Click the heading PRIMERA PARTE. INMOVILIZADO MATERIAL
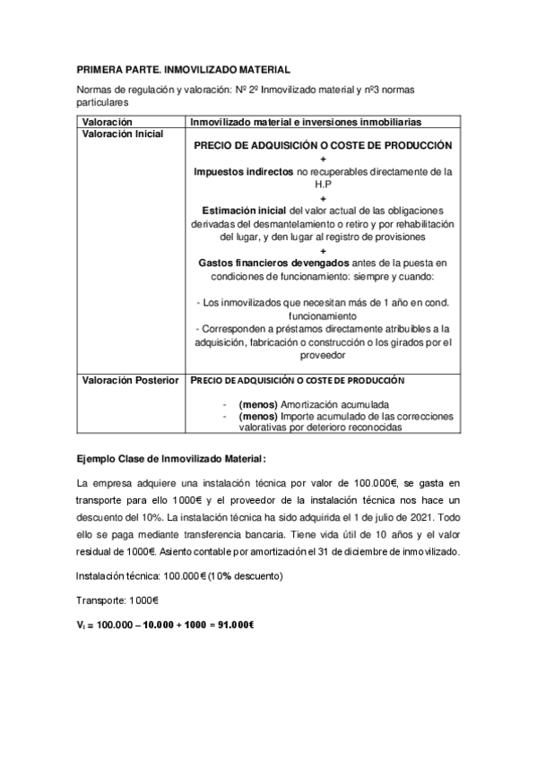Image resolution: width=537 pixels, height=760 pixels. click(183, 69)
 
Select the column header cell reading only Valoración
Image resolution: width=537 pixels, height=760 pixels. click(107, 121)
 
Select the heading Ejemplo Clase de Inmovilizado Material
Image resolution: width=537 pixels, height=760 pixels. click(159, 459)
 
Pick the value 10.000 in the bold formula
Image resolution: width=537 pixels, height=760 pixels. click(156, 625)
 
